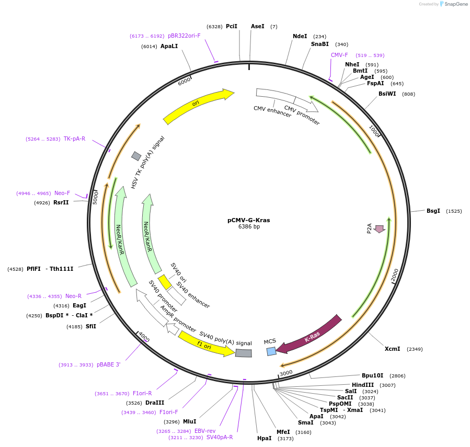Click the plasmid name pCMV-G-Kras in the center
tap(248, 220)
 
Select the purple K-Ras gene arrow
tap(309, 334)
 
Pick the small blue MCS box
tap(271, 351)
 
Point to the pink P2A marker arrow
tap(380, 228)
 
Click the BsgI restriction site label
tap(433, 211)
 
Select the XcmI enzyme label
tap(392, 349)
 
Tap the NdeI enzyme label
tap(300, 36)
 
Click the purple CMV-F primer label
tap(339, 55)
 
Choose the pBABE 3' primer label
tap(108, 364)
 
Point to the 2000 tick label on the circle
tap(395, 274)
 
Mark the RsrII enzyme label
tap(61, 202)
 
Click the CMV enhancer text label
tap(272, 111)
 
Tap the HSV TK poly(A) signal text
tap(147, 162)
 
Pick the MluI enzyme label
tap(189, 421)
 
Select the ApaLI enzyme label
tap(169, 46)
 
